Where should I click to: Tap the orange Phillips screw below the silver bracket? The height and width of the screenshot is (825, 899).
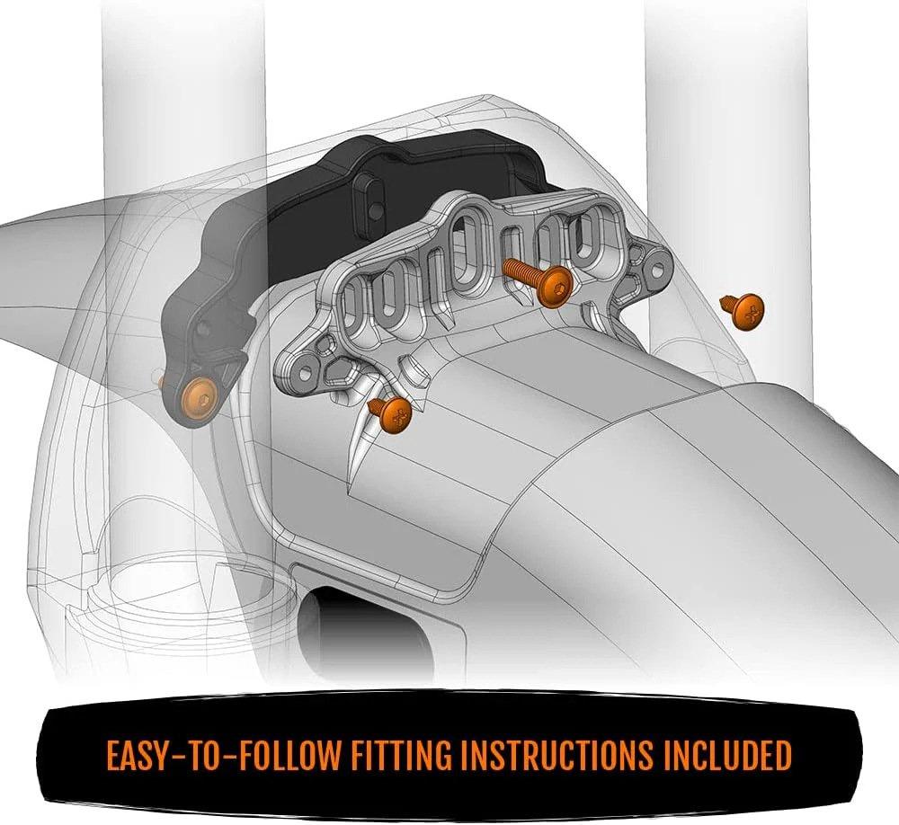[396, 414]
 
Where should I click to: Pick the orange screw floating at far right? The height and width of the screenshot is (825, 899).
[746, 311]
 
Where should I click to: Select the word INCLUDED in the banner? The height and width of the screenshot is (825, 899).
[728, 756]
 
